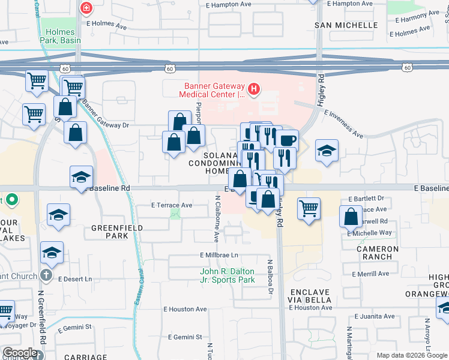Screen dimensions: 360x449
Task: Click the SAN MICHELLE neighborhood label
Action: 346,25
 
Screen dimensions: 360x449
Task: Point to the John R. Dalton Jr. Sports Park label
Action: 228,275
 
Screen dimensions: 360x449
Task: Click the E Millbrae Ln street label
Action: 219,255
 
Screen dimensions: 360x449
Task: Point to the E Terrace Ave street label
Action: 172,205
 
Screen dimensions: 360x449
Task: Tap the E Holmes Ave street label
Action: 107,27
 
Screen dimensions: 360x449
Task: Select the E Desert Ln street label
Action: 76,279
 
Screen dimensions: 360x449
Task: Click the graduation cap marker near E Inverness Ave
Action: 327,151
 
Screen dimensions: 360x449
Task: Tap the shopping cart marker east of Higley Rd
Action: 309,209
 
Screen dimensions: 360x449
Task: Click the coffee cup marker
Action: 288,141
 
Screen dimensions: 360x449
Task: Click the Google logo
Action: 20,353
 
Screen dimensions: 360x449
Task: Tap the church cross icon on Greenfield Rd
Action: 46,276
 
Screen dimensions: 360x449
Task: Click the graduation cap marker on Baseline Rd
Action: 82,177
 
